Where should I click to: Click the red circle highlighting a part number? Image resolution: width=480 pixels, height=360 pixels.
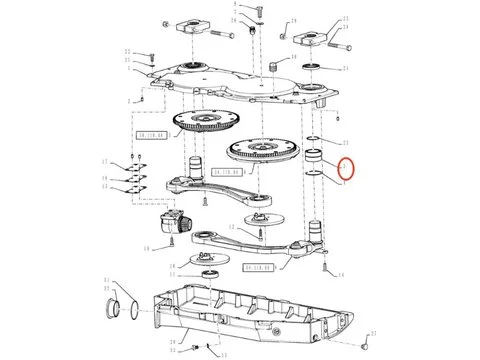tap(346, 169)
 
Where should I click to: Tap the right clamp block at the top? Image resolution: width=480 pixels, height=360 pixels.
tap(309, 39)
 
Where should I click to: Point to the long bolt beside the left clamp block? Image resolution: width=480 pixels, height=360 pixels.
tap(237, 34)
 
